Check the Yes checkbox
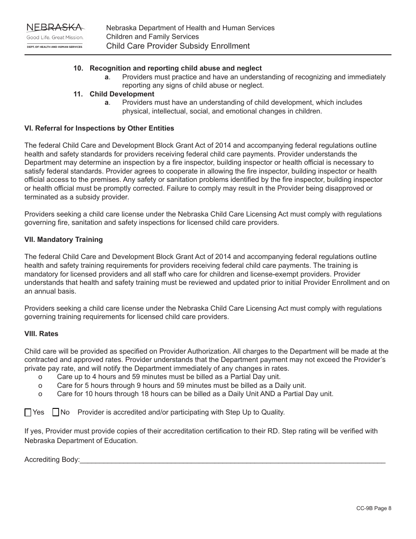(28, 412)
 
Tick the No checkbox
(56, 412)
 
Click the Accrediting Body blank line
(233, 460)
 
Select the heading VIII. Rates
(41, 334)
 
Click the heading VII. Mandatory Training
(63, 240)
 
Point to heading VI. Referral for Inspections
(99, 128)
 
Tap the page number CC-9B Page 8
(374, 508)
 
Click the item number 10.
(78, 68)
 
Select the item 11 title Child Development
(122, 94)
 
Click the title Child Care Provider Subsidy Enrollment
(178, 46)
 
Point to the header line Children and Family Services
(152, 37)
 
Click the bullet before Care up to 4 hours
(41, 377)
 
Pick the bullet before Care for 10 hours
(41, 394)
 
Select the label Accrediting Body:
(52, 460)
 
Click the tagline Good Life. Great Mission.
(55, 38)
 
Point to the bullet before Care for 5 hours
(41, 386)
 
